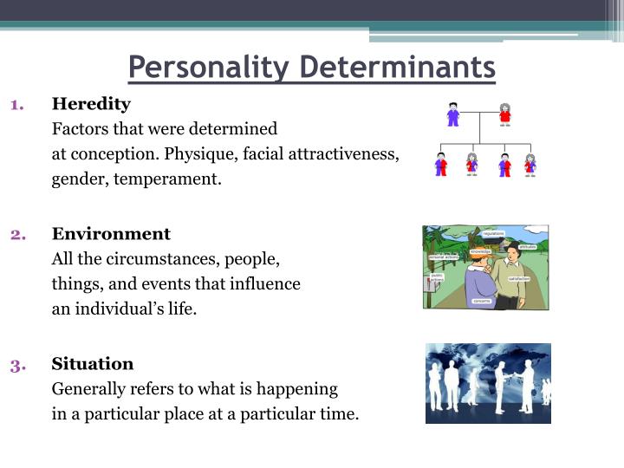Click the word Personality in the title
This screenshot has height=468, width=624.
coord(208,67)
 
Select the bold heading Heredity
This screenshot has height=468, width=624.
coord(91,104)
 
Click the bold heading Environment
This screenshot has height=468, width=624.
coord(111,234)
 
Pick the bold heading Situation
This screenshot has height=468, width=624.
coord(93,363)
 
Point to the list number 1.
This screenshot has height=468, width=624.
coord(16,105)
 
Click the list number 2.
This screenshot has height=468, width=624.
coord(17,234)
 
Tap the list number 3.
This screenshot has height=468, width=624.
coord(17,364)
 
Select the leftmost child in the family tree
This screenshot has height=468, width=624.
coord(442,164)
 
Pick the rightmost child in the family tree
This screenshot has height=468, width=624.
coord(530,164)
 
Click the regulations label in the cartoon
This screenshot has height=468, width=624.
coord(493,234)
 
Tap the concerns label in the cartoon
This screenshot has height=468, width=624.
coord(482,301)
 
